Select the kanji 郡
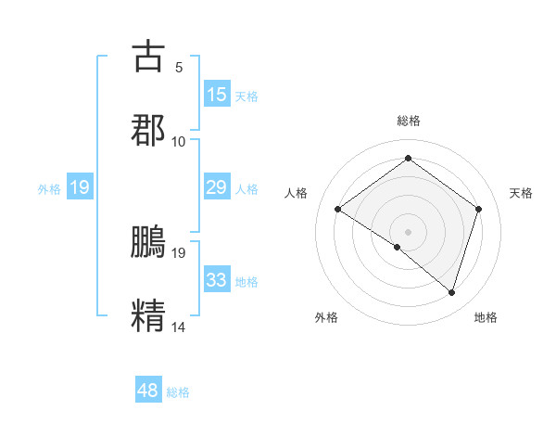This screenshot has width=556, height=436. pos(148,130)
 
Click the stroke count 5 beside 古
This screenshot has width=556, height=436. pos(179,67)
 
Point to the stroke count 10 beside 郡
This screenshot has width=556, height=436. pos(179,141)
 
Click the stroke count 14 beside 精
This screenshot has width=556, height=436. pos(179,327)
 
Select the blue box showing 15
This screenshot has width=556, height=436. pos(216,95)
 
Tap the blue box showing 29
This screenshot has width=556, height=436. pos(216,187)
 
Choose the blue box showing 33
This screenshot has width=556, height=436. pos(216,280)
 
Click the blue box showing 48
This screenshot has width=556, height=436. pos(148,391)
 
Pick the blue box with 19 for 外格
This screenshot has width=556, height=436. pos(80,187)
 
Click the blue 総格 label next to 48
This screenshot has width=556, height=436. pos(178,392)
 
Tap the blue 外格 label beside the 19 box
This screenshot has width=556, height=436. pos(49,189)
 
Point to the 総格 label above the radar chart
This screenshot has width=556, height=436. pos(409,121)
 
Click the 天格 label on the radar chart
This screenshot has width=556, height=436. pos(521,193)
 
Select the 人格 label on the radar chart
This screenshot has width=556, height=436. pos(297,193)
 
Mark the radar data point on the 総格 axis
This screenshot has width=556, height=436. pos(408,159)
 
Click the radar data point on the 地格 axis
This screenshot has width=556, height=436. pos(451,292)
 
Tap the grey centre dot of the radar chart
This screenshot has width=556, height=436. pos(408,231)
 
